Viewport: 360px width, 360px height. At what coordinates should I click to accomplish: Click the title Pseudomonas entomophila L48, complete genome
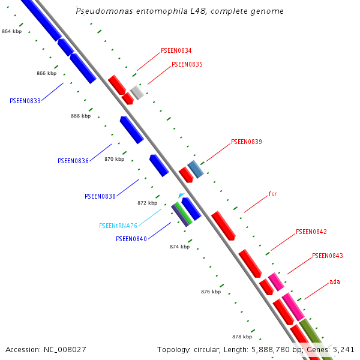180,11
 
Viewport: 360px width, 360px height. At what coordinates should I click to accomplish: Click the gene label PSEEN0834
176,51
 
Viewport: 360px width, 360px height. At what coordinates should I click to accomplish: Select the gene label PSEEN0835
187,64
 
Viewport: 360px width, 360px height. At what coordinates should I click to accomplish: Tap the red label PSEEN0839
247,142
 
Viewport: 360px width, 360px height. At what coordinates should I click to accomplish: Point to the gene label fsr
272,194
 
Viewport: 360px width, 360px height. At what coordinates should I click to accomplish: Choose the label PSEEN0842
311,232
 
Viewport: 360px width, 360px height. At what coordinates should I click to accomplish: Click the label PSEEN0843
328,256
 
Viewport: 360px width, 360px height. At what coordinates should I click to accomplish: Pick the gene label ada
335,281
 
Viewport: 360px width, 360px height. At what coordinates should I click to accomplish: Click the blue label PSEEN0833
25,101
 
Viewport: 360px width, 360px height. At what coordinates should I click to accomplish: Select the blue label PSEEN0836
73,161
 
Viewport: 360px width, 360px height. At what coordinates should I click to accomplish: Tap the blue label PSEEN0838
100,196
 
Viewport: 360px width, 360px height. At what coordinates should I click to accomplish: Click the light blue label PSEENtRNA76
118,226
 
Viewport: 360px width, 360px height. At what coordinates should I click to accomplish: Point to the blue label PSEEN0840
131,239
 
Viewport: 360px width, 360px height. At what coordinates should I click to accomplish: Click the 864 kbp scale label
11,31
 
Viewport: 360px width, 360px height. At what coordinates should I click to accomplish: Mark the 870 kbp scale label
114,159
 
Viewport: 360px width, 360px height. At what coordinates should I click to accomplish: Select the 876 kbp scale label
211,292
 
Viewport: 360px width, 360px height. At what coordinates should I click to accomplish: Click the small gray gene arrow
137,92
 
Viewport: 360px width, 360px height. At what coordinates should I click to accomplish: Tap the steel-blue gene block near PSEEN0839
196,169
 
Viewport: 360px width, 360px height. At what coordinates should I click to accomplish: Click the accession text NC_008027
46,349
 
